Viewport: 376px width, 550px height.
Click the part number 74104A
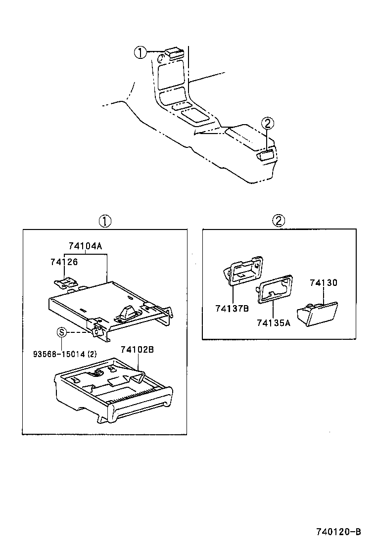coord(89,246)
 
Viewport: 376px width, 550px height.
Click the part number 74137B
coord(232,309)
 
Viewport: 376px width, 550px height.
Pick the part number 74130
coord(324,283)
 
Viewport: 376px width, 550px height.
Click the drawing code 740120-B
coord(338,532)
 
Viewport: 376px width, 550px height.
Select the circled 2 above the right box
coord(279,221)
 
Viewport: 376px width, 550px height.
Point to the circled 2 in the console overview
coord(267,124)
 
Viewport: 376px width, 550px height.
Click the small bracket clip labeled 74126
coord(66,282)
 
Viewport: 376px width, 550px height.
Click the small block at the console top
coord(174,52)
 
